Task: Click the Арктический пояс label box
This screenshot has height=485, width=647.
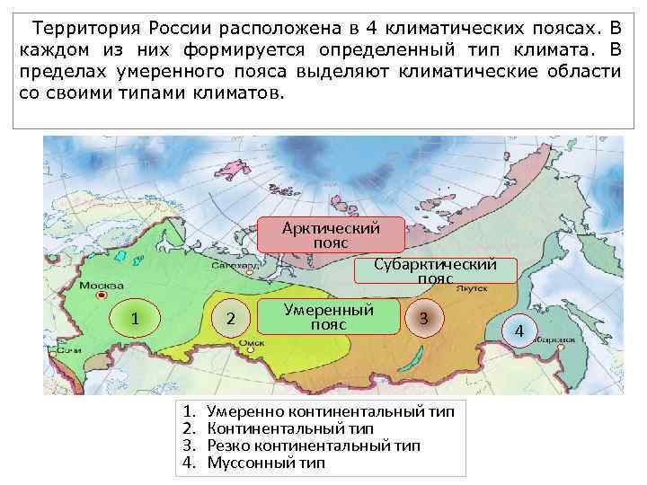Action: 331,234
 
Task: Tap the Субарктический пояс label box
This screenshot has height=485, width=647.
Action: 436,270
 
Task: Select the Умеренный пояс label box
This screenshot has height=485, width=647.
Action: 328,316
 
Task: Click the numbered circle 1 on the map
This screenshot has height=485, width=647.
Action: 134,318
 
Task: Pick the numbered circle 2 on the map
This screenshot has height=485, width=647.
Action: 231,318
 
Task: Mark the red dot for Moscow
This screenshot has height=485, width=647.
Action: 103,294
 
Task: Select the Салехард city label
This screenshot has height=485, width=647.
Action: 230,265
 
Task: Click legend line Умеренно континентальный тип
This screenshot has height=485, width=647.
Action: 330,411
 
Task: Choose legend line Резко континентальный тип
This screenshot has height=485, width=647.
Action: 313,445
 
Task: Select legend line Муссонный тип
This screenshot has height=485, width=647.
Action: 266,463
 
